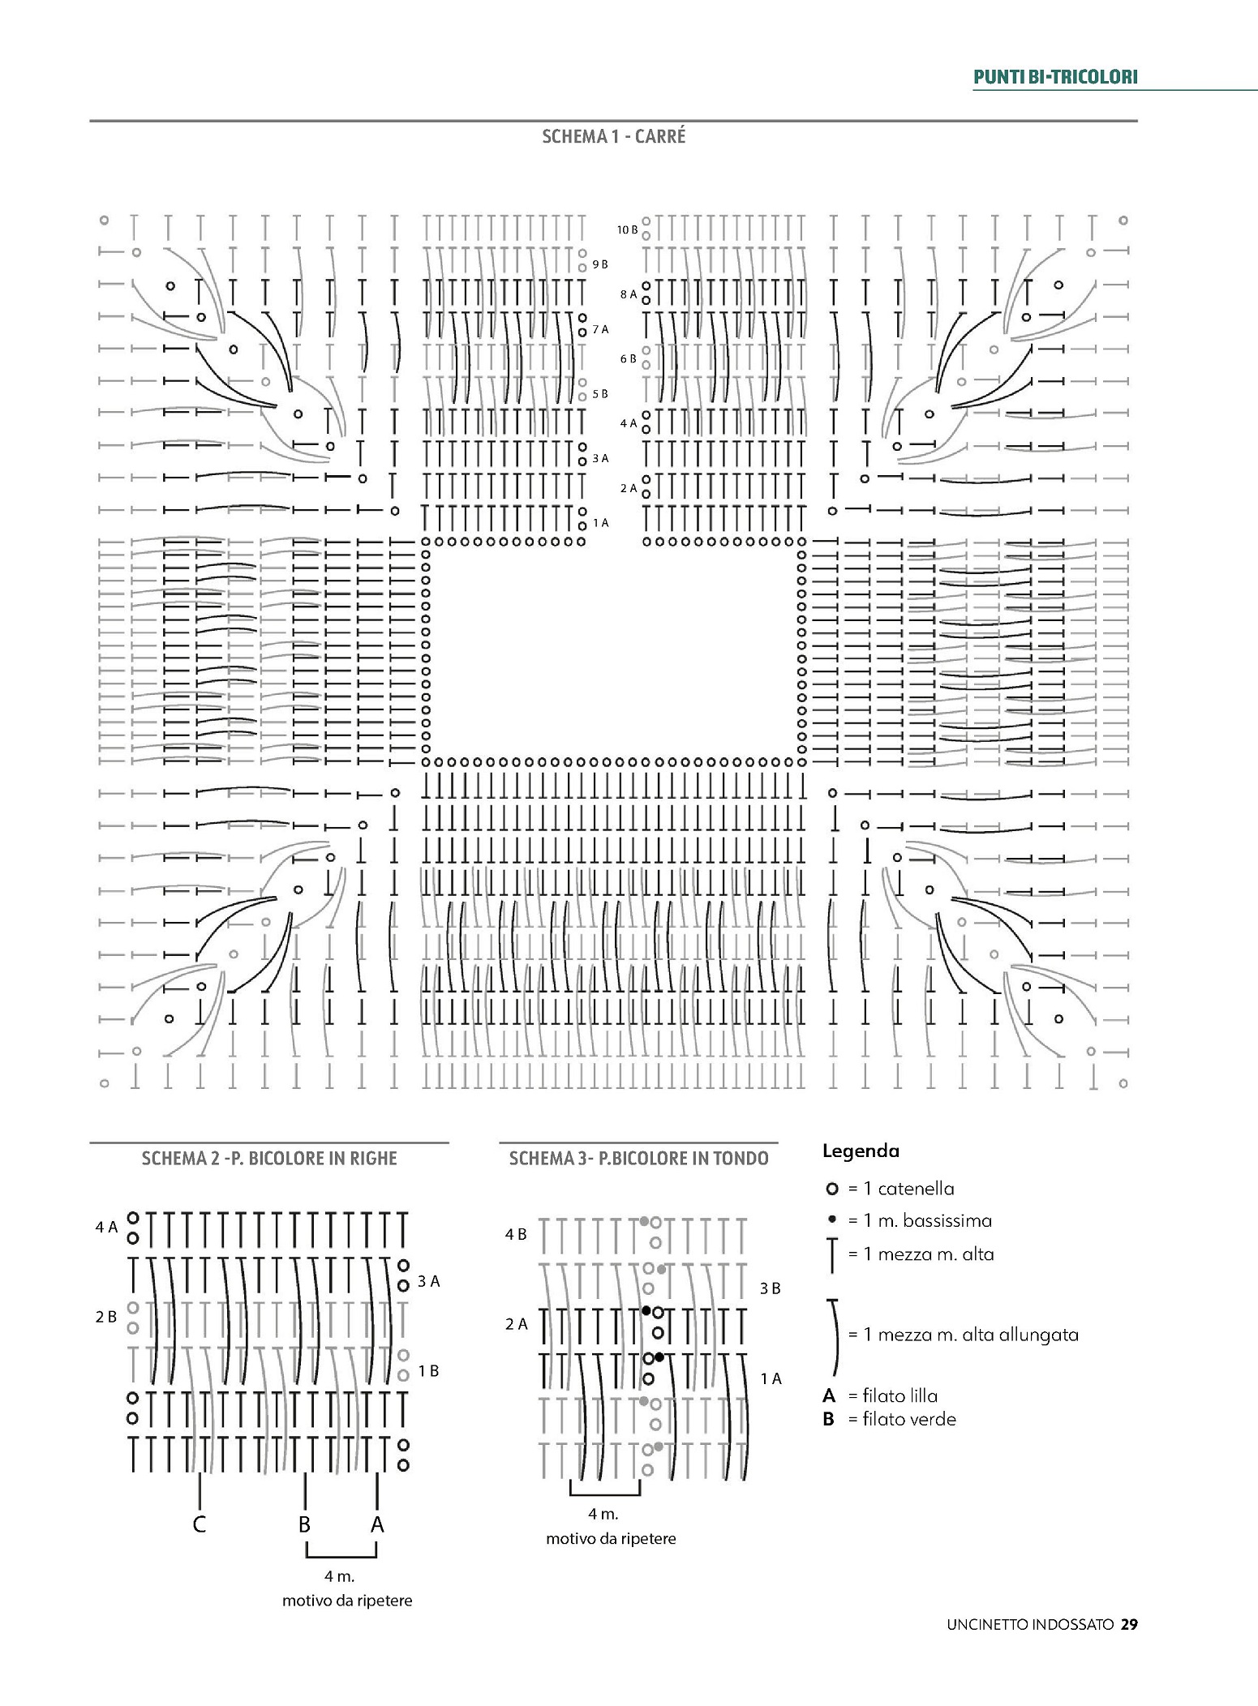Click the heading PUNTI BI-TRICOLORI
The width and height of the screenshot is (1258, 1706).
click(x=1055, y=77)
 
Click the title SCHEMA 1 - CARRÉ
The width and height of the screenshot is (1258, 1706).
click(x=613, y=136)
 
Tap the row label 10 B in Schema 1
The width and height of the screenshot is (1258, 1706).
click(x=627, y=230)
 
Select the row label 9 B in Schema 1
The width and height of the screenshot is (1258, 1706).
click(x=600, y=264)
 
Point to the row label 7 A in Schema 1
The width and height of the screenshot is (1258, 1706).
click(x=600, y=329)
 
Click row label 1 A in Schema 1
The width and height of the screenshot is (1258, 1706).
click(x=600, y=523)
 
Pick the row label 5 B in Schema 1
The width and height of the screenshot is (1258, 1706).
click(x=600, y=394)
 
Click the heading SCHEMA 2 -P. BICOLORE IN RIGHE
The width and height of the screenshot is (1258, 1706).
click(x=269, y=1158)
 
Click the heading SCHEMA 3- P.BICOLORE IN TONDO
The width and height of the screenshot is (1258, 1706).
click(x=638, y=1159)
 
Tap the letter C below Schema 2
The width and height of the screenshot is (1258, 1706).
click(x=200, y=1525)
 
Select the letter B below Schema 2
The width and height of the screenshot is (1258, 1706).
click(x=304, y=1525)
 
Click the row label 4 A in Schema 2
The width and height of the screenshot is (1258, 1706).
click(x=106, y=1228)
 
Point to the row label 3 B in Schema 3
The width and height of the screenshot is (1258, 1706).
click(x=771, y=1288)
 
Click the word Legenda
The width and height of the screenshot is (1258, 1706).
click(x=861, y=1151)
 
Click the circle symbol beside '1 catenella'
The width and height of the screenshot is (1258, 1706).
click(x=831, y=1189)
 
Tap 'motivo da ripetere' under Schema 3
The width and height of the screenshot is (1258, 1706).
click(x=611, y=1538)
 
